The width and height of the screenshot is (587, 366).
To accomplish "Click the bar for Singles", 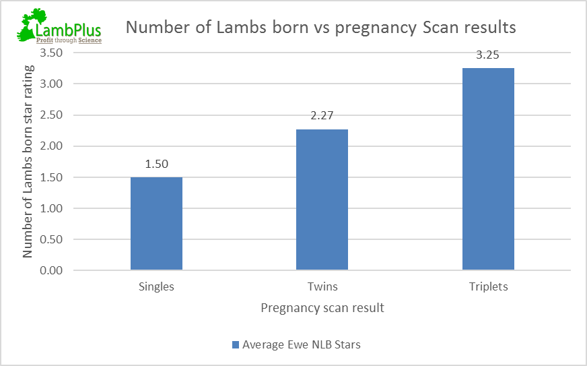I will [156, 224].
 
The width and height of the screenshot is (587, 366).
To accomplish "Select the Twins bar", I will [322, 200].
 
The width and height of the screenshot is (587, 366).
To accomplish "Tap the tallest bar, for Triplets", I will [488, 169].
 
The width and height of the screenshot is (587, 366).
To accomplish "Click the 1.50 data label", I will [156, 163].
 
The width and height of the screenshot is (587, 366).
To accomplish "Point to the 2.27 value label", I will [322, 115].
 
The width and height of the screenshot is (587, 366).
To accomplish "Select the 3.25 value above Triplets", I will [487, 55].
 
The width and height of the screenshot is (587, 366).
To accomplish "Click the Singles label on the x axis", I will [156, 286].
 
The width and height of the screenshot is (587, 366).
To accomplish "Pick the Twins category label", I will [322, 286].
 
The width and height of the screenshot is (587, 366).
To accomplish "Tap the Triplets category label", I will [488, 286].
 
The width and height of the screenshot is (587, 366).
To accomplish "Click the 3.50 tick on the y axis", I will [51, 53].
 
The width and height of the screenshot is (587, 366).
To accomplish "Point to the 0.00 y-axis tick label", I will [51, 271].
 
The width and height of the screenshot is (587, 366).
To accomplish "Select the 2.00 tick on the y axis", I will [51, 146].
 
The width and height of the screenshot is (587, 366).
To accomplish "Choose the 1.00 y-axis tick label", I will [51, 209].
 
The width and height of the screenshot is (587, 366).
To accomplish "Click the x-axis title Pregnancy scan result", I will [322, 308].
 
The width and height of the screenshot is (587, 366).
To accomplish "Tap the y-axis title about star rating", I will [28, 162].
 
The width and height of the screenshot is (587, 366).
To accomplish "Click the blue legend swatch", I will [236, 345].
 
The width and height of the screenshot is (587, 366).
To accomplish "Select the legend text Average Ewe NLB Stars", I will [301, 345].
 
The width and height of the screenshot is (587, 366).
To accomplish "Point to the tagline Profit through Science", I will [69, 40].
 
